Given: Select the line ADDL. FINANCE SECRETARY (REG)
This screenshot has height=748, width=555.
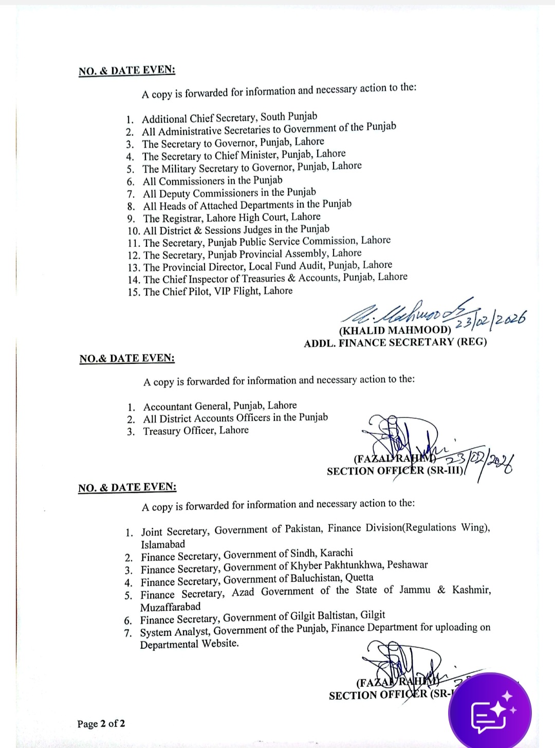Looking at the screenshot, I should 395,342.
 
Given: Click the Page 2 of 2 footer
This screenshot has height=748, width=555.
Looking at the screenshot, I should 101,724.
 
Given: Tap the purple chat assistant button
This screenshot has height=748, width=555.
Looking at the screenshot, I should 490,712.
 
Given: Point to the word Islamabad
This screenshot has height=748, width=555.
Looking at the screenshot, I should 163,544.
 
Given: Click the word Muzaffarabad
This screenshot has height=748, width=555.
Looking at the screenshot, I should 171,607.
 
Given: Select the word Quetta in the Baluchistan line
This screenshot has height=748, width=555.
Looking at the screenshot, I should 359,577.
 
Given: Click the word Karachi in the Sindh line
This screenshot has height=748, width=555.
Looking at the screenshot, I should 337,553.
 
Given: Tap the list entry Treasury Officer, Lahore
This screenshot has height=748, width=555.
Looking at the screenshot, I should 196,431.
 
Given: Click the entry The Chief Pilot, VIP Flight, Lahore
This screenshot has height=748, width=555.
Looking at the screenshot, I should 218,291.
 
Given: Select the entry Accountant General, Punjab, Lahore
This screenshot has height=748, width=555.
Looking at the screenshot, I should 220,406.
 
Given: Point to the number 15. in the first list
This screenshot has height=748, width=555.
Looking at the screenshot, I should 134,292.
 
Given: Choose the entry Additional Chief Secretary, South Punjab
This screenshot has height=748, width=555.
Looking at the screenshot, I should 229,118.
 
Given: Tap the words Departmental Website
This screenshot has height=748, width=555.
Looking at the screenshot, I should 189,644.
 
